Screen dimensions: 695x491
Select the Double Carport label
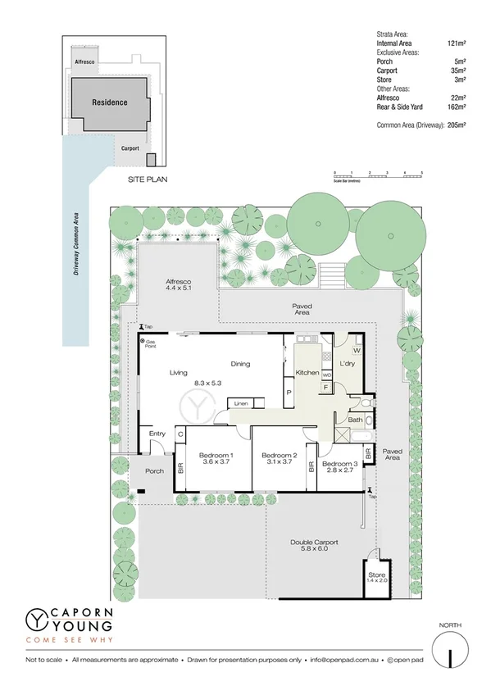[x=314, y=543]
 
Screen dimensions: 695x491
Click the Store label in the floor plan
[x=376, y=575]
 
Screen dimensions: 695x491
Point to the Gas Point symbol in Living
[x=142, y=341]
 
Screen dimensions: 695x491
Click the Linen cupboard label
[x=240, y=404]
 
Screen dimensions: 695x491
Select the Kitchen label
[x=307, y=373]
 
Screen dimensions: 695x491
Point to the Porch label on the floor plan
[x=154, y=471]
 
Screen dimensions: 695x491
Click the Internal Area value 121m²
[x=456, y=43]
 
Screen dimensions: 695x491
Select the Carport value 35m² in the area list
[x=457, y=70]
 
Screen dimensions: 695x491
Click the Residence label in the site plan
[x=109, y=102]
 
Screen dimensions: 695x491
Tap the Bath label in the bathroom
[x=355, y=420]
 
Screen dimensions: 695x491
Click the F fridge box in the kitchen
[x=326, y=386]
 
